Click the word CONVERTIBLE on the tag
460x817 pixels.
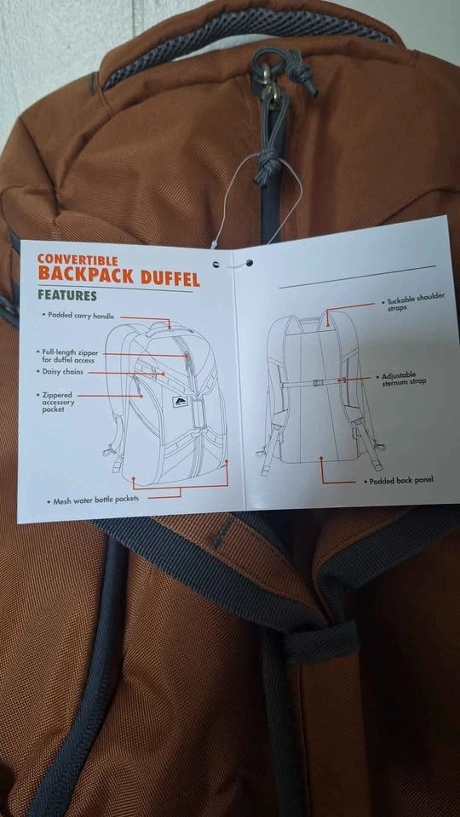(78, 259)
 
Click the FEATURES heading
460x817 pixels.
(67, 294)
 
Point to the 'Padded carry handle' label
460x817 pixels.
(80, 315)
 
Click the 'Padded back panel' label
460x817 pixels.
(398, 481)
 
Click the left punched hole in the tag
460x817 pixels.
(216, 264)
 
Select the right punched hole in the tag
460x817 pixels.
(250, 263)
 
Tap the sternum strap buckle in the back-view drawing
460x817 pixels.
(316, 383)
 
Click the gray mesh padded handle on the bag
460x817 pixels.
(245, 43)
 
